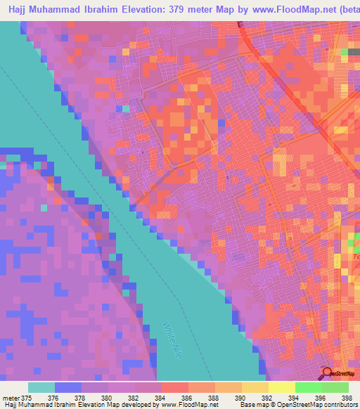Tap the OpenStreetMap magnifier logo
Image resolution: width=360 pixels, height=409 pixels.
coord(328,373)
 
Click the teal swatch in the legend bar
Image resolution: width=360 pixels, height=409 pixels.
coord(41,387)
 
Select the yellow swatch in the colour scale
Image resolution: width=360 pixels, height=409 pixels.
coord(282,387)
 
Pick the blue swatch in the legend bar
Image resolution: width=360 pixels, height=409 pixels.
coord(68,387)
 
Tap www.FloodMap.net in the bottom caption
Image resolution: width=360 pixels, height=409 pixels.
coord(188,405)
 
